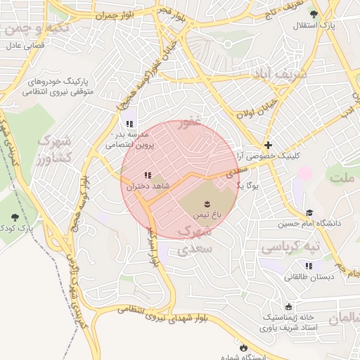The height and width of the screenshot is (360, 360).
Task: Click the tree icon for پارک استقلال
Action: [x=314, y=13]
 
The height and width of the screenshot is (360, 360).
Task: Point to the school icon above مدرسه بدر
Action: [x=129, y=124]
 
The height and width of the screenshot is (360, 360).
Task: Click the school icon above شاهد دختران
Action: [x=147, y=176]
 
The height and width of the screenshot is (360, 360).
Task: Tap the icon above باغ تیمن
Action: [x=207, y=202]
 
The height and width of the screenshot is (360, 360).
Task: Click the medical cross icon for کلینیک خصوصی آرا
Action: [x=268, y=144]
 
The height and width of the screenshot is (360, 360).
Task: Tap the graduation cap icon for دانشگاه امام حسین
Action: [x=309, y=212]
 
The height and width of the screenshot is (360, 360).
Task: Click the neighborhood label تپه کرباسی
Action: [x=291, y=247]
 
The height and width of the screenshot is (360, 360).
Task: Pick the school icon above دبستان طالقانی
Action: [x=309, y=266]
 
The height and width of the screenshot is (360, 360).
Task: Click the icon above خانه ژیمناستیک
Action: [x=289, y=307]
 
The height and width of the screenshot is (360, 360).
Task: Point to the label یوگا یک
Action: [x=249, y=186]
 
